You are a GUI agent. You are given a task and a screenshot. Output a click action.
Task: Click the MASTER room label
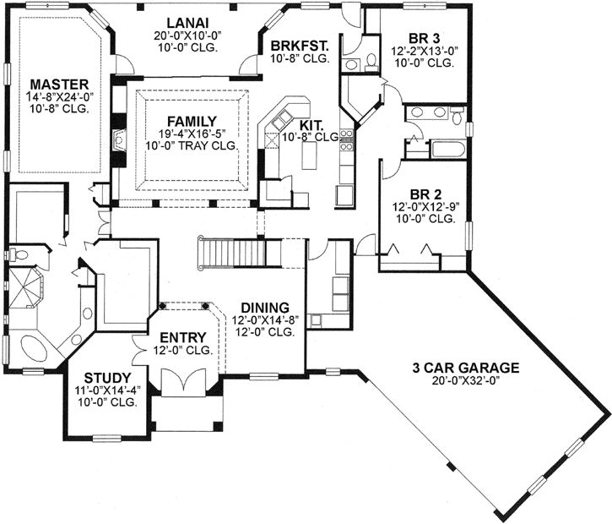59,85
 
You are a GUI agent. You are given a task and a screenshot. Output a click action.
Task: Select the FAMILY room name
191,121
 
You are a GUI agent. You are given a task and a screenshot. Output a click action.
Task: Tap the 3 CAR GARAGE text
465,368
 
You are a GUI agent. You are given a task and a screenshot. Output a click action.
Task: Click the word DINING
264,307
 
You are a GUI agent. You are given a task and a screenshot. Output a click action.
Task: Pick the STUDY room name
107,378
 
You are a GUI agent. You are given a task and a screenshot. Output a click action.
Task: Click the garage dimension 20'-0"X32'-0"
465,381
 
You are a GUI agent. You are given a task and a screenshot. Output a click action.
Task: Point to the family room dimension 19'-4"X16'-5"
191,134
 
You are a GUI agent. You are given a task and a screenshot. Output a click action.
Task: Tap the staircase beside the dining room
227,251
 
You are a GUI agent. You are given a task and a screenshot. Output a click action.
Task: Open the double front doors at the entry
182,385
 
